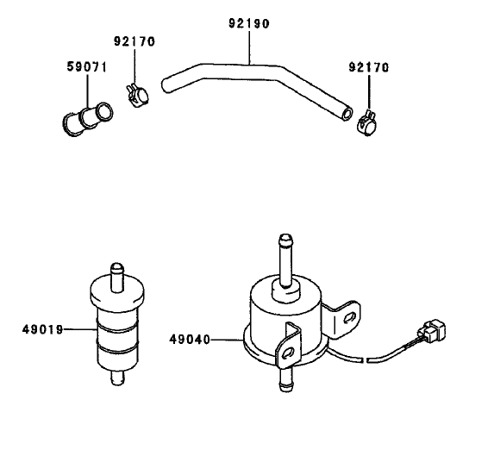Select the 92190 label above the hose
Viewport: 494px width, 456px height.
click(248, 24)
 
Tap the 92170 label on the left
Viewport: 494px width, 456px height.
click(134, 41)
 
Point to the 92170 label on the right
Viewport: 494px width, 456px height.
click(368, 66)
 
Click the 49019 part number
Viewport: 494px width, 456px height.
click(42, 328)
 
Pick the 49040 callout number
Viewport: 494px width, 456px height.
click(191, 340)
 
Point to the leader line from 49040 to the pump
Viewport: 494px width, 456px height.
click(225, 340)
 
